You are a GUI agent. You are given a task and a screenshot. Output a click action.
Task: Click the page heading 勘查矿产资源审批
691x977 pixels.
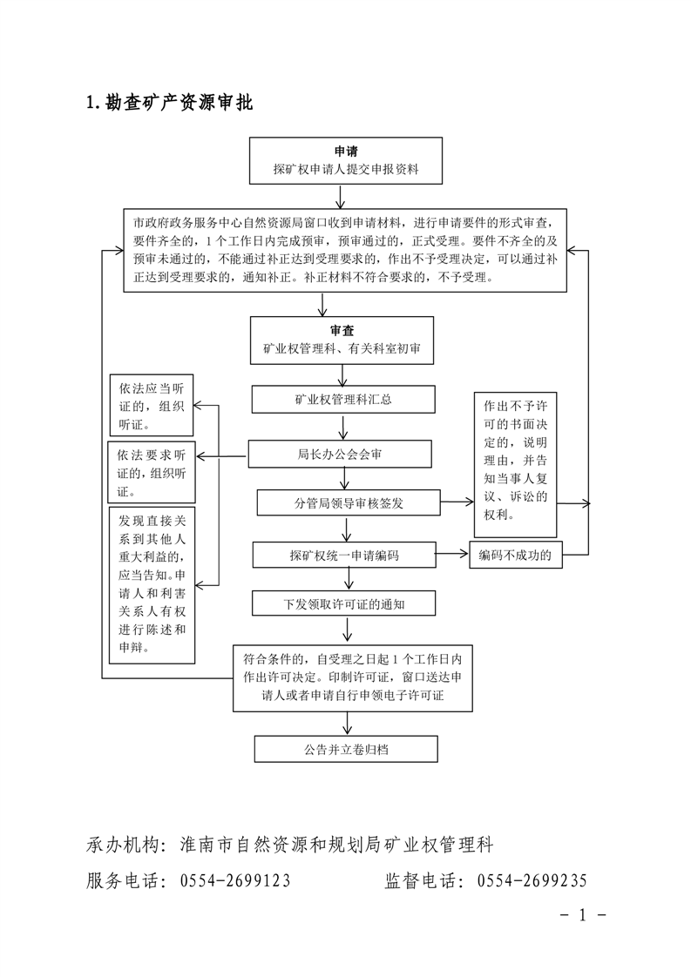click(178, 103)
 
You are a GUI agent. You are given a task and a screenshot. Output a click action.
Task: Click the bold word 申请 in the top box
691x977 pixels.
click(346, 152)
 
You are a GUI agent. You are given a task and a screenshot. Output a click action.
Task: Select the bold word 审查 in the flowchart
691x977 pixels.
click(342, 331)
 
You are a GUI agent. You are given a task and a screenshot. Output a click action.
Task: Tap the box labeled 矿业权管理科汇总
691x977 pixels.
click(342, 399)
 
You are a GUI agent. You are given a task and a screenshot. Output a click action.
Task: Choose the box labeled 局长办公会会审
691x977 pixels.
click(340, 454)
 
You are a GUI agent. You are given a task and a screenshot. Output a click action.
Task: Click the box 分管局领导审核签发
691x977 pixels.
click(349, 502)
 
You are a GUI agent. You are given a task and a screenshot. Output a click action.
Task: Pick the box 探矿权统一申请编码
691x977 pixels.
click(343, 554)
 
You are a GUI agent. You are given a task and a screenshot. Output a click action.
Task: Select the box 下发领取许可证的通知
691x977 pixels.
click(342, 603)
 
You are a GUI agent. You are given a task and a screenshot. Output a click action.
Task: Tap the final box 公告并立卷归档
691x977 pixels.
click(345, 748)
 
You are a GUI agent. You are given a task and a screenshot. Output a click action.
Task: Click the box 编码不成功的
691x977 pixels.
click(516, 554)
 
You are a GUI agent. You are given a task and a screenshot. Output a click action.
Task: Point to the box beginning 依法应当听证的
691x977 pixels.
click(152, 406)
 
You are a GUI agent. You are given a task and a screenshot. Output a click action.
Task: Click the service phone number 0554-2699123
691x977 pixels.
click(235, 881)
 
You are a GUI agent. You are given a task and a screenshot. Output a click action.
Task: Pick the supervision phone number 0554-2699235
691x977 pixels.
click(532, 881)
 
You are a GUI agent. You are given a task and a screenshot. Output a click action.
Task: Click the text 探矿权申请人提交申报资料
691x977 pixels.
click(346, 170)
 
